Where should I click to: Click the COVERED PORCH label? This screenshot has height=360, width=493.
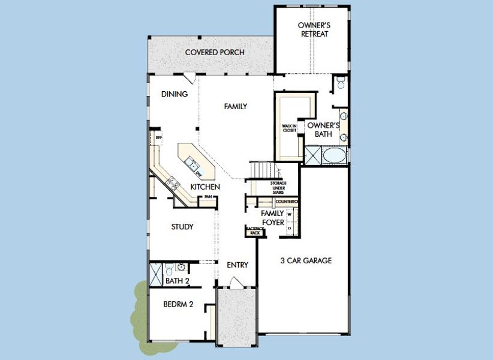[x=214, y=52]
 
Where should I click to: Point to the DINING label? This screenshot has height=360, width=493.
[x=175, y=94]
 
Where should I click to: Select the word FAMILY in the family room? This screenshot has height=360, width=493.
[x=236, y=107]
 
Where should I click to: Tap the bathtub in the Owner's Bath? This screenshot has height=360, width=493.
[x=334, y=157]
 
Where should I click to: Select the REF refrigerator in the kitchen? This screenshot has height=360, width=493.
[x=158, y=139]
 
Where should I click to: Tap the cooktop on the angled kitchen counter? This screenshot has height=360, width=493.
[x=173, y=183]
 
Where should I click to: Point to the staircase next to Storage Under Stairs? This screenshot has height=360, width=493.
[x=260, y=171]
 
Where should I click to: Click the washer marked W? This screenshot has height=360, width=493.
[x=290, y=214]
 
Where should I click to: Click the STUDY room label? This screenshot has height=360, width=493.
[x=182, y=227]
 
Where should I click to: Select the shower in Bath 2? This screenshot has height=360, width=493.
[x=155, y=274]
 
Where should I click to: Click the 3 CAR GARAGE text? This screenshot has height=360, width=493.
[x=306, y=261]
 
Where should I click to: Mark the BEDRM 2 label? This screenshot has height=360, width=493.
[x=178, y=304]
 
